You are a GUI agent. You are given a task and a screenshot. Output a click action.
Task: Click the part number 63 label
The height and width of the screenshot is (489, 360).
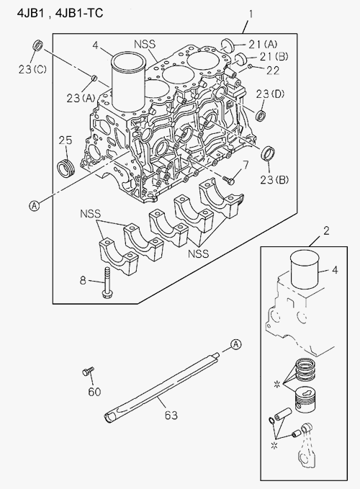click(171, 415)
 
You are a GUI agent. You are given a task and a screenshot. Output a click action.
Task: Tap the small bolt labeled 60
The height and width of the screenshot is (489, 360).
click(88, 371)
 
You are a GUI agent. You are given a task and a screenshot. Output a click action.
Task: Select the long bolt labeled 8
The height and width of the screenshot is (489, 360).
click(106, 282)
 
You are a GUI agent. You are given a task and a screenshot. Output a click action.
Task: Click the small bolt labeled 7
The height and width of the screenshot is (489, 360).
click(229, 179)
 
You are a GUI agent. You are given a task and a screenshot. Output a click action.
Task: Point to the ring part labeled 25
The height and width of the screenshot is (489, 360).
click(66, 167)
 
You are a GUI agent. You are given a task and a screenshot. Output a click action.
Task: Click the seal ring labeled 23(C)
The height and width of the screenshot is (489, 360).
click(38, 45)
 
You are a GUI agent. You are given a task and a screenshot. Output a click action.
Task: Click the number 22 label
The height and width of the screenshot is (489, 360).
click(273, 71)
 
